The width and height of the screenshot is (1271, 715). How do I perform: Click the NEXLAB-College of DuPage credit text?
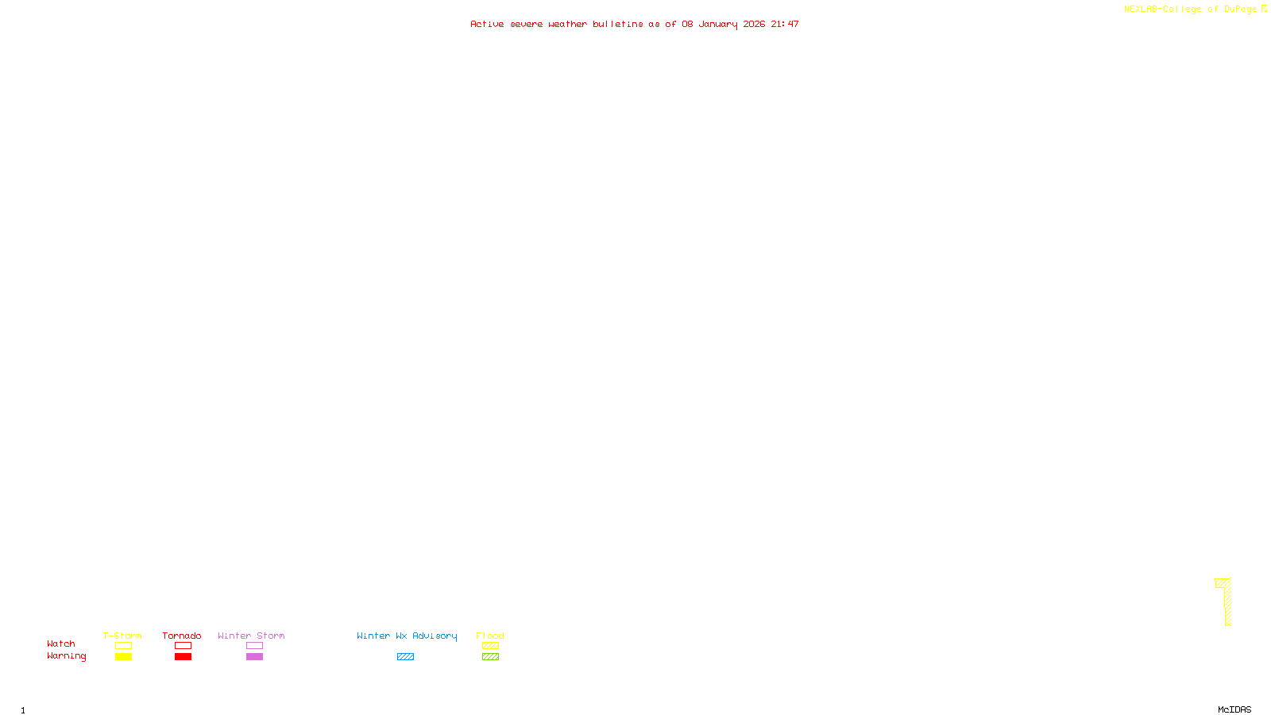tap(1190, 10)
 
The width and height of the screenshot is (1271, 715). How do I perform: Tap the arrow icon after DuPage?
tap(1264, 9)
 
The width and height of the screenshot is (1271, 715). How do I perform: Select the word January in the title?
tap(717, 24)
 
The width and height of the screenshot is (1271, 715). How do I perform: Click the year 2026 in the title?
tap(754, 24)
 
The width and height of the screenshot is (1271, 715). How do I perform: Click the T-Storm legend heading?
tap(122, 636)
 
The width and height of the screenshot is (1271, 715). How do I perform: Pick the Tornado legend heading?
tap(182, 636)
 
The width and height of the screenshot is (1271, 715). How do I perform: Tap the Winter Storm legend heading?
tap(251, 636)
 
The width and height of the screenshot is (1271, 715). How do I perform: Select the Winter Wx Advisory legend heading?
tap(407, 636)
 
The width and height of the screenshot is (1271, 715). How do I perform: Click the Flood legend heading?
tap(490, 636)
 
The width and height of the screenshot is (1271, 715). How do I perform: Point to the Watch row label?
tap(61, 643)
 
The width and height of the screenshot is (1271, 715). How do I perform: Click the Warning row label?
tap(66, 656)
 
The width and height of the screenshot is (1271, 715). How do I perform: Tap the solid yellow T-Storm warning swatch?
tap(123, 657)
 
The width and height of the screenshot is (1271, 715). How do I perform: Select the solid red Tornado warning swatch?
tap(183, 657)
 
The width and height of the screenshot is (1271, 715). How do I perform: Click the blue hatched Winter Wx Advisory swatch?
tap(405, 657)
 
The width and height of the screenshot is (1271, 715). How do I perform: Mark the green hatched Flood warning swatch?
tap(490, 657)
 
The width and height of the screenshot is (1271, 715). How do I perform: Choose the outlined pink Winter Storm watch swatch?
tap(254, 646)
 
